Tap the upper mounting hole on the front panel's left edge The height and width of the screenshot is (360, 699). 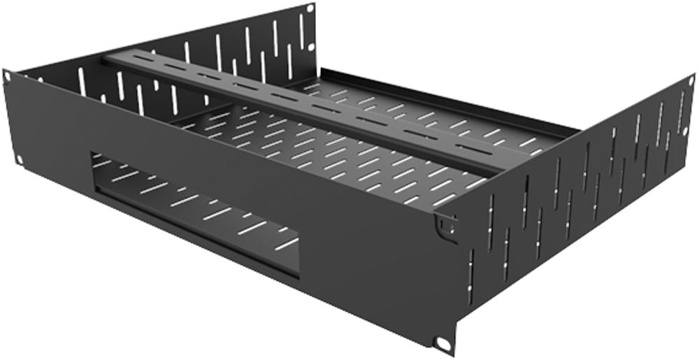click(x=8, y=75)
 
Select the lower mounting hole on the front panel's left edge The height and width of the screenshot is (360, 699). click(x=19, y=159)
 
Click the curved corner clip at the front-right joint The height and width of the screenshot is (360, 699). click(x=442, y=225)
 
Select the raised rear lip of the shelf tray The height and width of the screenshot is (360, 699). click(x=447, y=98)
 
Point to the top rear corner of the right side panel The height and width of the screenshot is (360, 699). click(x=692, y=75)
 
